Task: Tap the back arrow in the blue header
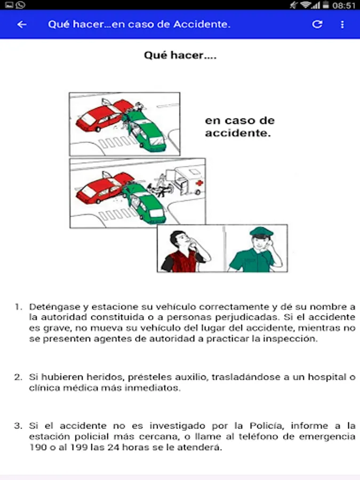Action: (x=22, y=25)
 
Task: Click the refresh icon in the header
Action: (x=317, y=24)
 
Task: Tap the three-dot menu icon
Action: (x=342, y=25)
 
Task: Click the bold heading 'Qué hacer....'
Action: (x=180, y=55)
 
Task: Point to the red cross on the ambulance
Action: (x=200, y=183)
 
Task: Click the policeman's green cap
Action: (x=261, y=231)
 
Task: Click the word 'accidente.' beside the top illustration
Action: (x=238, y=133)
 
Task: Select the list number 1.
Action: (x=18, y=307)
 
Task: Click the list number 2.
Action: (x=18, y=377)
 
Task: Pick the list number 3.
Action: (x=18, y=426)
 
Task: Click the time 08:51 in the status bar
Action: (x=344, y=5)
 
